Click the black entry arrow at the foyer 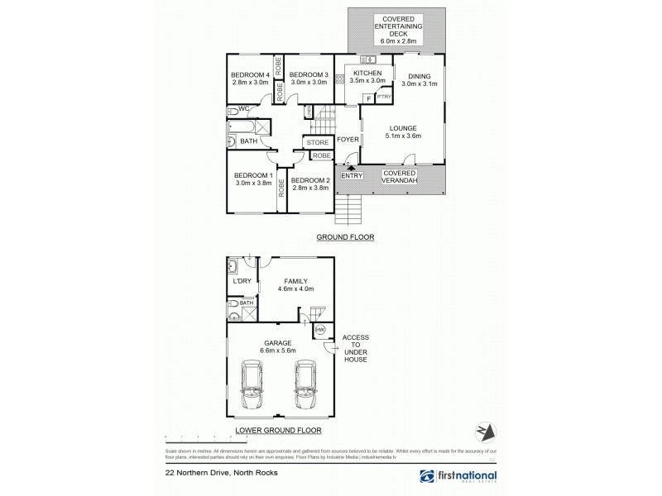coord(351,168)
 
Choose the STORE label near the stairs coord(318,143)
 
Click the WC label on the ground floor coord(245,109)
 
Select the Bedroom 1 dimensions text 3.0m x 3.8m coord(252,184)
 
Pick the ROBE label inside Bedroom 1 coord(281,186)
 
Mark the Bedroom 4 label coord(250,75)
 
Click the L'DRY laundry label coord(242,282)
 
